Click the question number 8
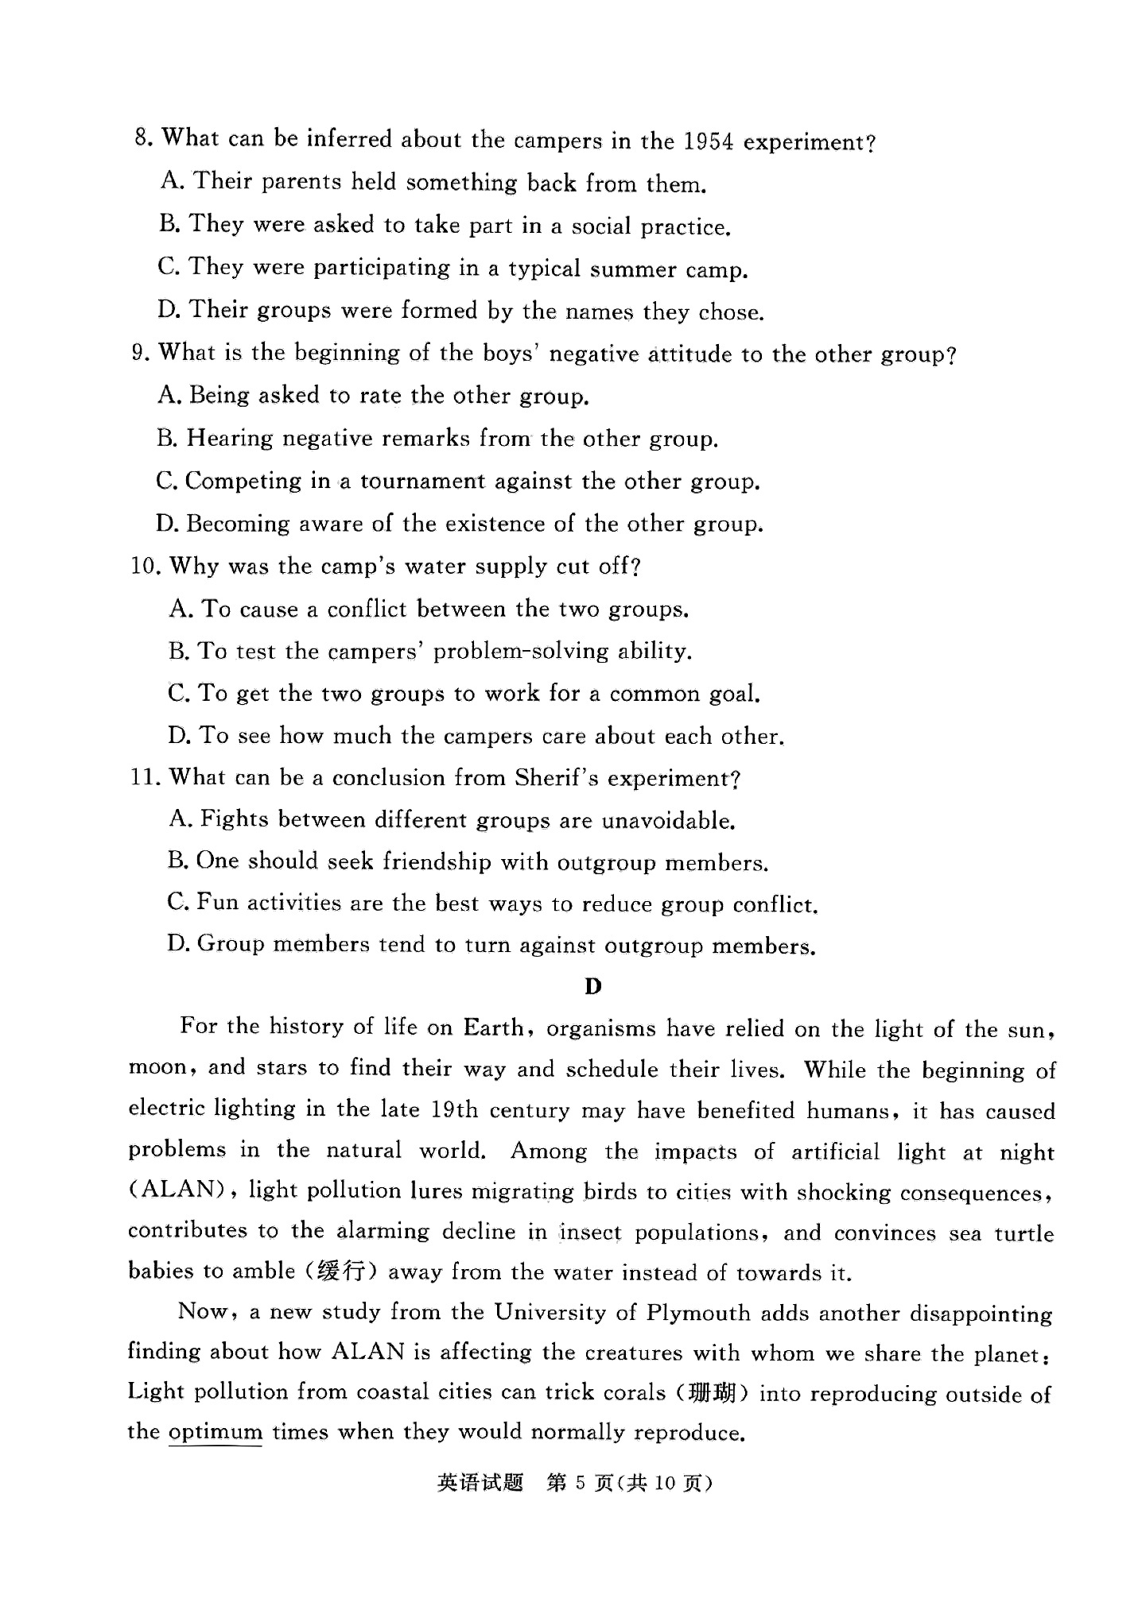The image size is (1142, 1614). (142, 137)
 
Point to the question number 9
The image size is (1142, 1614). (140, 352)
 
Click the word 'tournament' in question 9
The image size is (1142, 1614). (421, 481)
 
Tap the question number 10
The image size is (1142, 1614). (146, 566)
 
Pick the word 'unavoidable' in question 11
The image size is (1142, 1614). (667, 820)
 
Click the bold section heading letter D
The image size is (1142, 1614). (592, 987)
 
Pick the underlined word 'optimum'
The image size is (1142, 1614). (215, 1432)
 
